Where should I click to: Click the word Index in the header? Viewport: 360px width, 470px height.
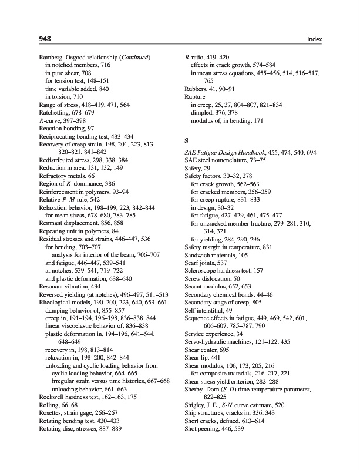click(x=315, y=39)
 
